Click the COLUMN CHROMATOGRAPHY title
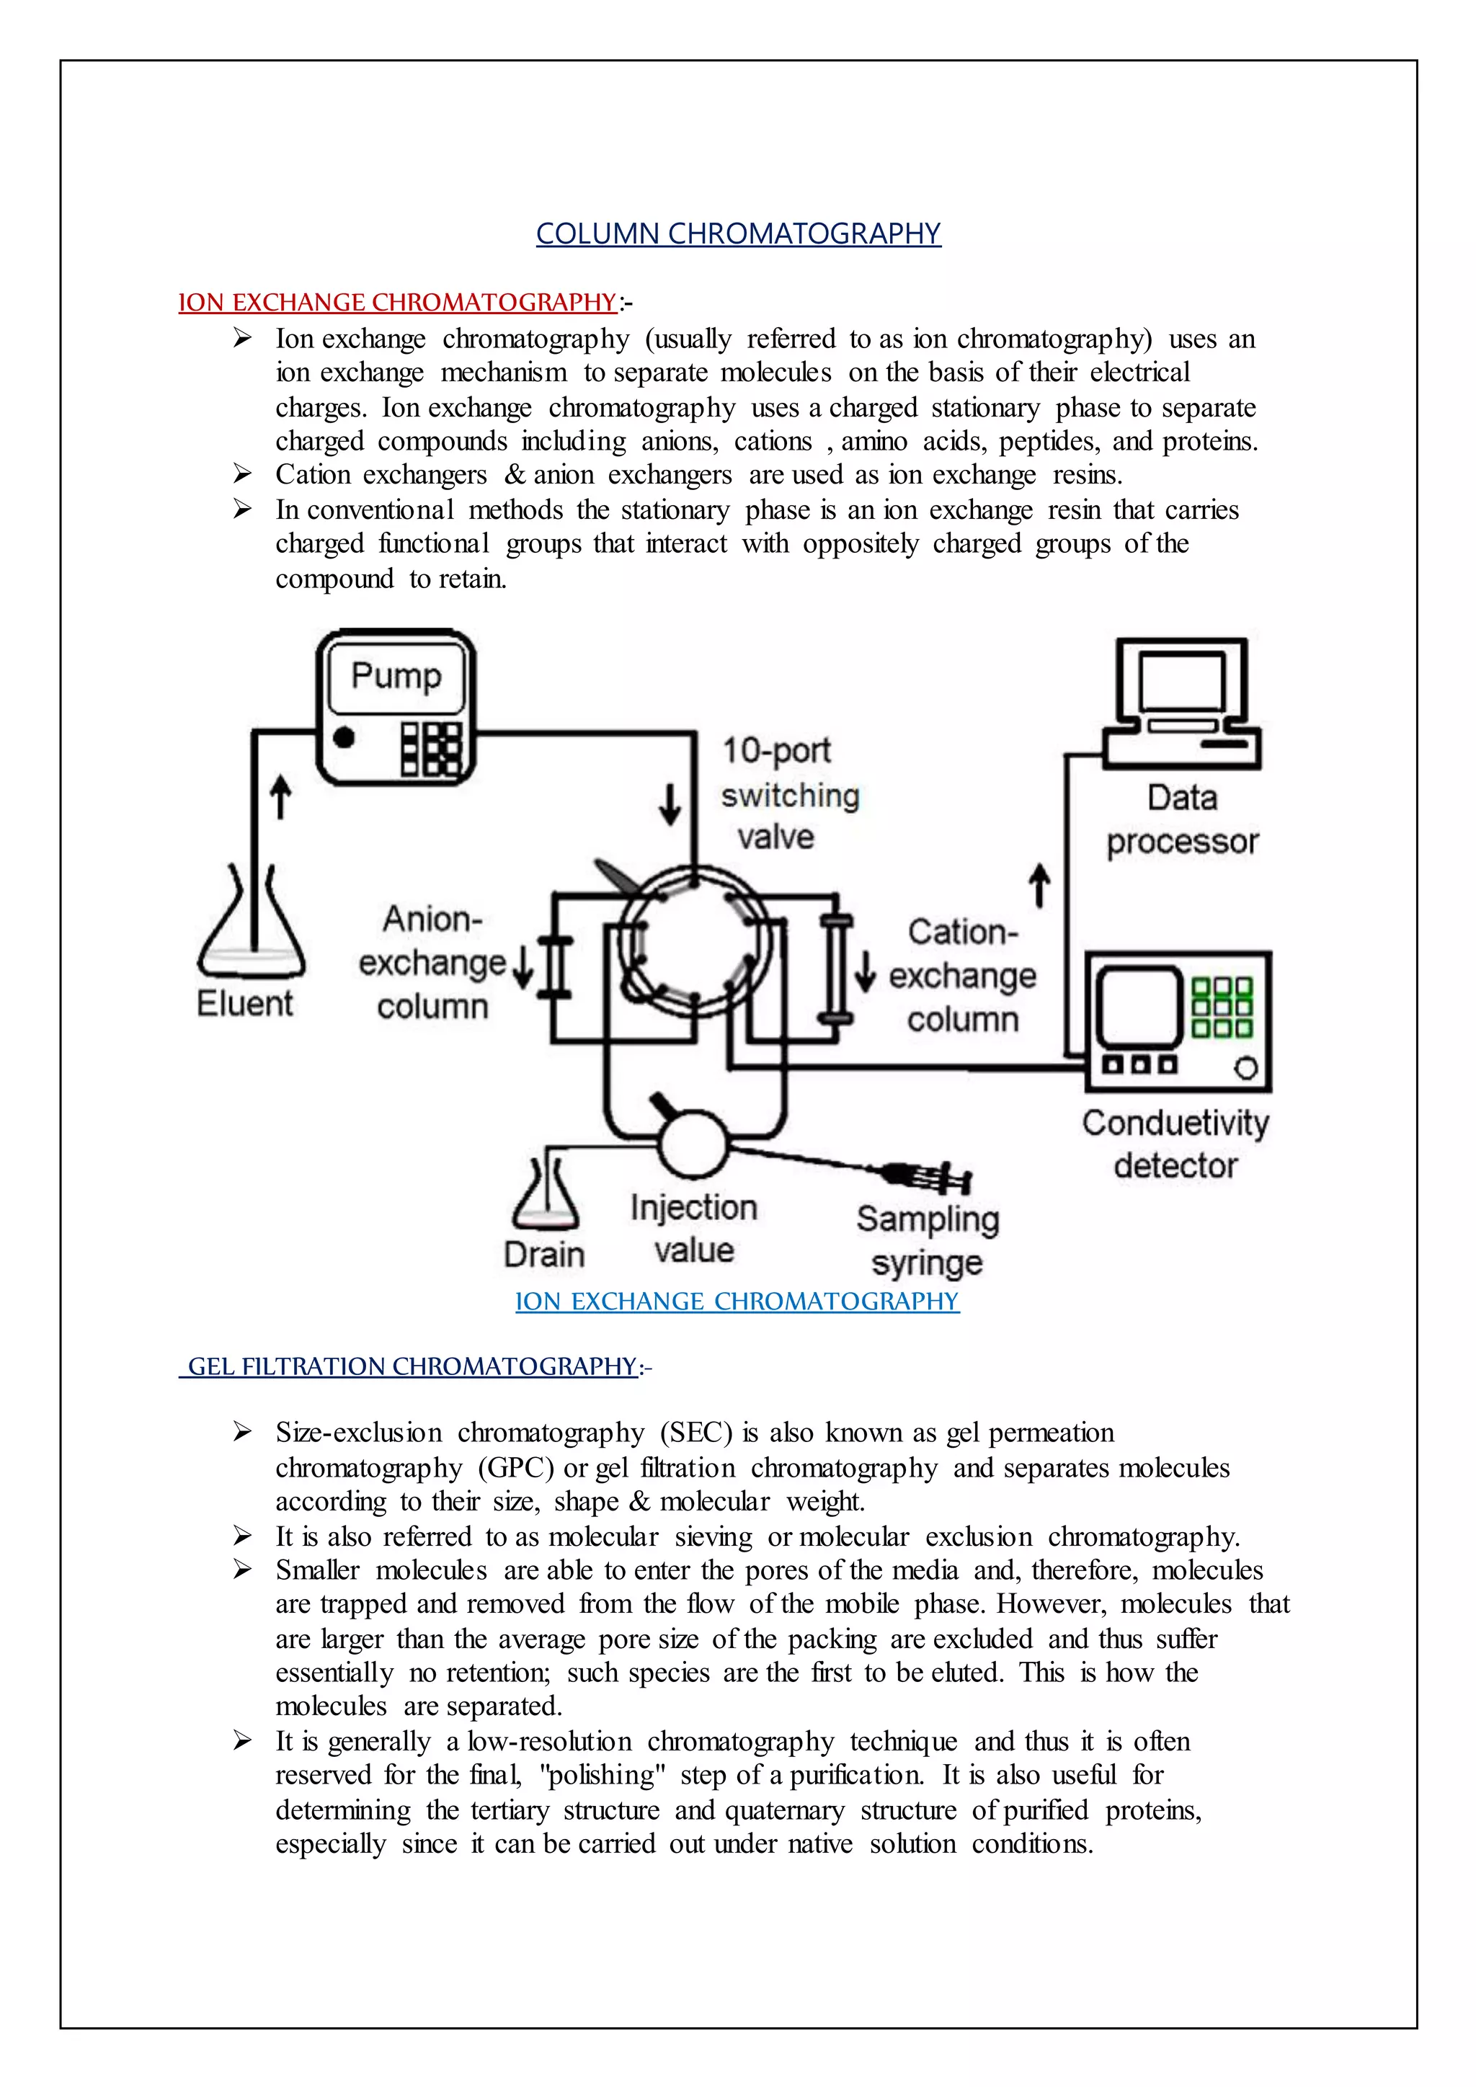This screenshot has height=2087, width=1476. click(738, 233)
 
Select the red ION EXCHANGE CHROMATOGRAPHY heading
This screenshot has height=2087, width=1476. click(397, 303)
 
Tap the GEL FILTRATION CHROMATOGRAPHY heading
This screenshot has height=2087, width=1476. click(412, 1366)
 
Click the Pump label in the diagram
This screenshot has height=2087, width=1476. click(396, 676)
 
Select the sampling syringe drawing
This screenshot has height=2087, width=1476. click(927, 1176)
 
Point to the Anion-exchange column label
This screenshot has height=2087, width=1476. click(432, 963)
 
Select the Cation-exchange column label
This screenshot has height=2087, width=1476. click(962, 975)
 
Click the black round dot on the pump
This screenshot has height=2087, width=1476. click(344, 737)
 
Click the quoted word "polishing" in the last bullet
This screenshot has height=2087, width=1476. click(603, 1775)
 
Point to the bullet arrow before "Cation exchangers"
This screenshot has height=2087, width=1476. click(241, 473)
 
